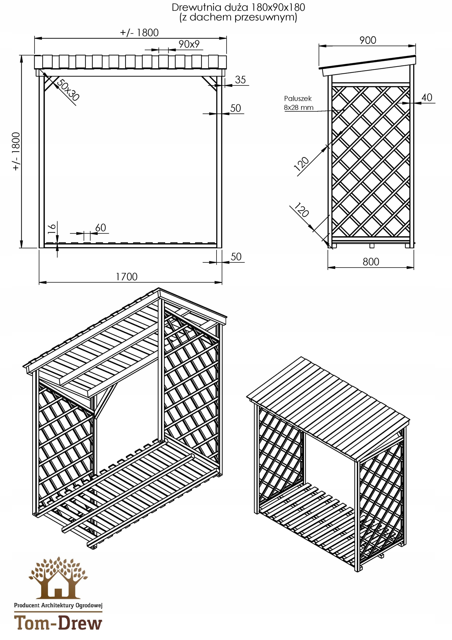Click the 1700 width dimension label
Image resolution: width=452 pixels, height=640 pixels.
(127, 276)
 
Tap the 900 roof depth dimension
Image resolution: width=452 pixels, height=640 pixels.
(368, 40)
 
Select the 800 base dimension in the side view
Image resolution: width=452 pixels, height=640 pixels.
(371, 262)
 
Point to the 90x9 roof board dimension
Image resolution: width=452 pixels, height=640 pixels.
(189, 44)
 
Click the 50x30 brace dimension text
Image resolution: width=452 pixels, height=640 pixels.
(68, 90)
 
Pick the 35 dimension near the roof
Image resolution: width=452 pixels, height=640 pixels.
(240, 80)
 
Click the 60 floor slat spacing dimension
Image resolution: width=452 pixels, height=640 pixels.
(101, 228)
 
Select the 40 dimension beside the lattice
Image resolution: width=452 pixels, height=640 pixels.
(427, 97)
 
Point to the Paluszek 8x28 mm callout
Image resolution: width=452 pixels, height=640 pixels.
(298, 103)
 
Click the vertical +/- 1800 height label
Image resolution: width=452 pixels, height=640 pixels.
(16, 151)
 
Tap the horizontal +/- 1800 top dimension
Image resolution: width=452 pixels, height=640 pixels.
(139, 32)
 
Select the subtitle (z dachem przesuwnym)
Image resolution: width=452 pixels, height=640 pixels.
(238, 17)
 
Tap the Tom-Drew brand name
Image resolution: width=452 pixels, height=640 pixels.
(58, 623)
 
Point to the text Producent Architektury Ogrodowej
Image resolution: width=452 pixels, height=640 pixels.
(58, 605)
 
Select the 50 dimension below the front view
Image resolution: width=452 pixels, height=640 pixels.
(236, 257)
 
